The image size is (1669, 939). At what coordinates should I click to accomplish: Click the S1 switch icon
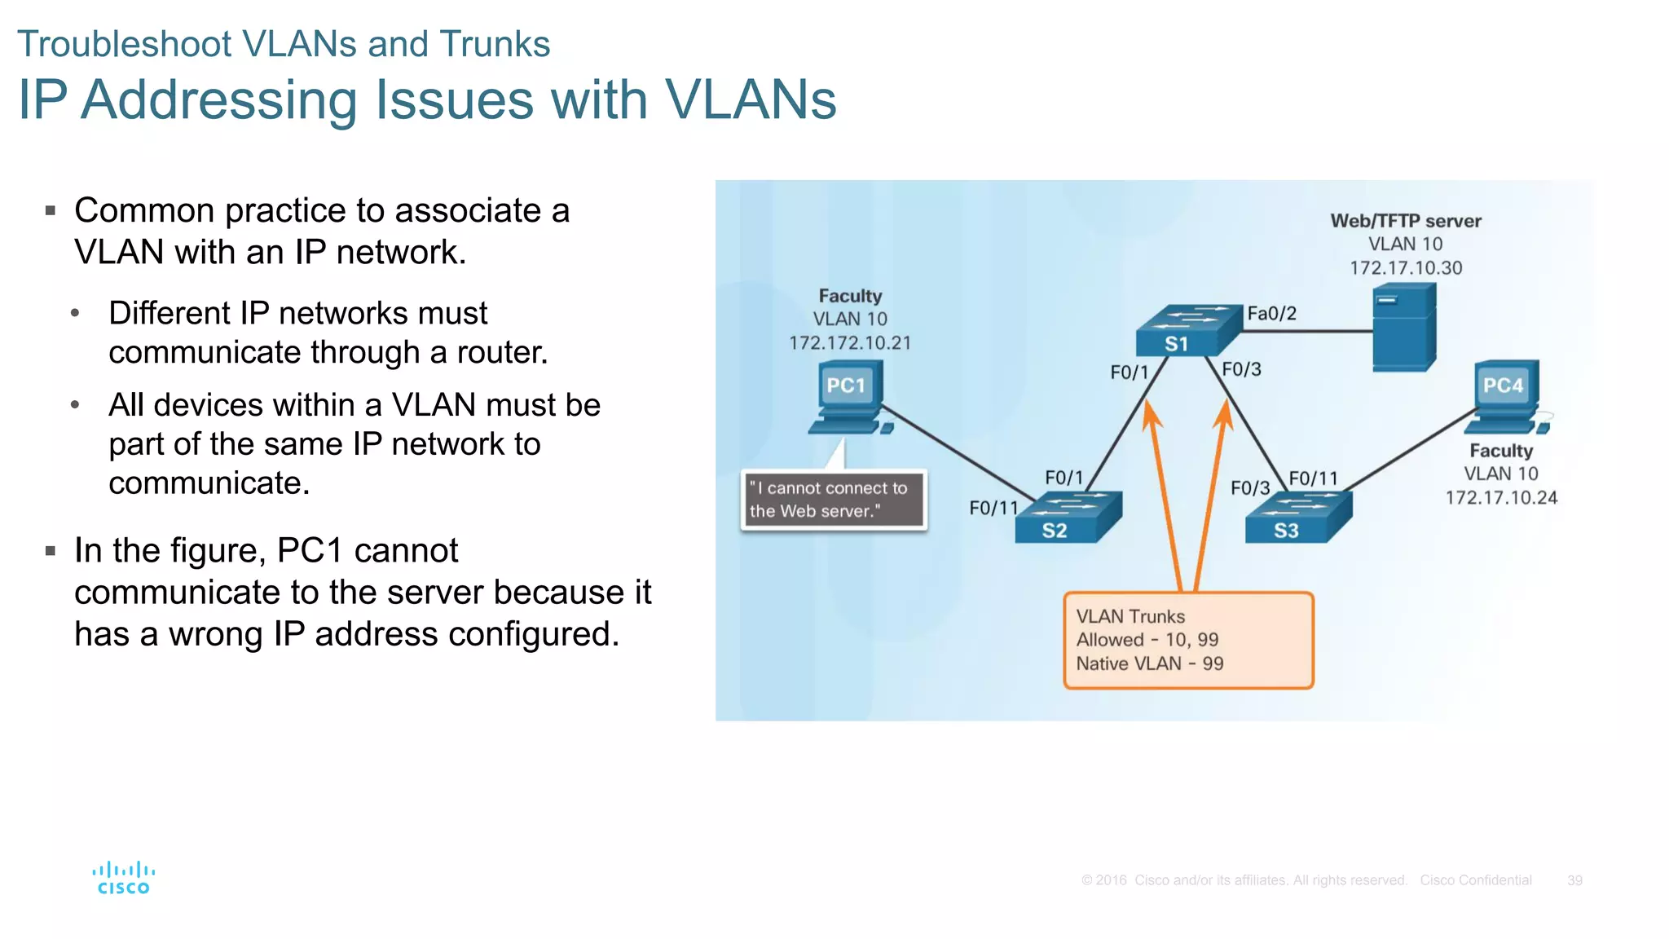click(1188, 330)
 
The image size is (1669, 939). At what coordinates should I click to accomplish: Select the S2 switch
click(1068, 518)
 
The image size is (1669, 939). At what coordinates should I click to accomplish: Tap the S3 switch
click(1298, 518)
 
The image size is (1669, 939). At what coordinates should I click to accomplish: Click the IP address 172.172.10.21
click(849, 343)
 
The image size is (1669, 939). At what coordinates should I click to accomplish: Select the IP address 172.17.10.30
click(1405, 268)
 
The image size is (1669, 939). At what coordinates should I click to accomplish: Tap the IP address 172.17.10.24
click(1500, 498)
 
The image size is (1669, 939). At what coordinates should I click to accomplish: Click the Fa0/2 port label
click(1271, 314)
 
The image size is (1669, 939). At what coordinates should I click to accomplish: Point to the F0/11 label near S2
click(993, 509)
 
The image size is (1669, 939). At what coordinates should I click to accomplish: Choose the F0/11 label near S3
click(1313, 478)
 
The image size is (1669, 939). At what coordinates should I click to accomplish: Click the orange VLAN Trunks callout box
click(1187, 641)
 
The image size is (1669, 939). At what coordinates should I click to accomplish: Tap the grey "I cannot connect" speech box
click(833, 500)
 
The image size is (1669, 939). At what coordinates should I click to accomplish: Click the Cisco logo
click(123, 878)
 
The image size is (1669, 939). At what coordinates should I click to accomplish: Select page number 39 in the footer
click(1574, 880)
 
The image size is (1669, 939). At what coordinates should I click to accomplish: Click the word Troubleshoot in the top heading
click(125, 44)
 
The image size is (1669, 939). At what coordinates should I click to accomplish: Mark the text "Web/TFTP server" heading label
click(1405, 221)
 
